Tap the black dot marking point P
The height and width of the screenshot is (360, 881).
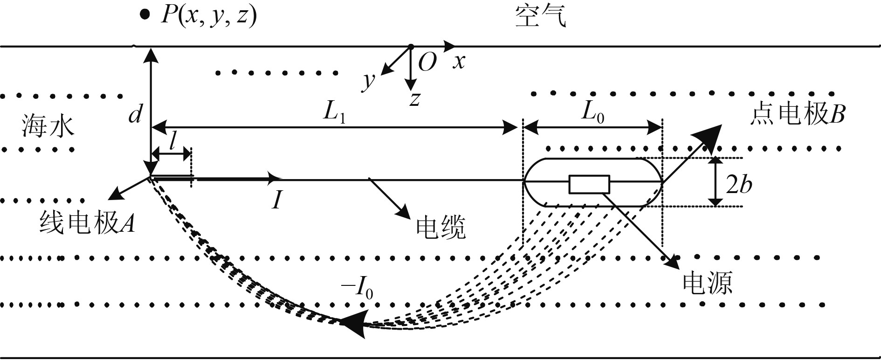tap(145, 16)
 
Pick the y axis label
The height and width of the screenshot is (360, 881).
tap(369, 81)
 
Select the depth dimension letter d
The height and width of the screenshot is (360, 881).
tap(135, 113)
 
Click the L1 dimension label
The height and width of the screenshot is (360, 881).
tap(335, 113)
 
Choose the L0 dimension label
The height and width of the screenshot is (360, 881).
tap(592, 113)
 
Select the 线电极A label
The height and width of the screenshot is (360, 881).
tap(87, 222)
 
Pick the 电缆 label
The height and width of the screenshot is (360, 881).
tap(440, 228)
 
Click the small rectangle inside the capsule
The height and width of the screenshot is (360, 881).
tap(589, 184)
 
